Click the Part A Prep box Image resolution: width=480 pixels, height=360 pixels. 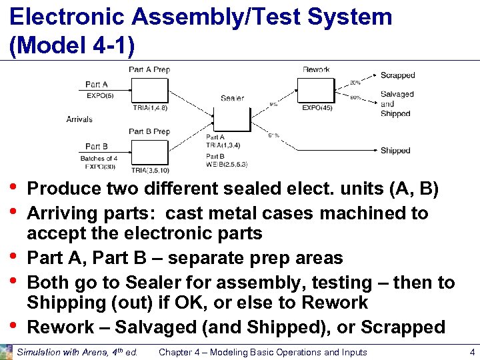[149, 89]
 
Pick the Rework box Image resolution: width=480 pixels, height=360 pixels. [315, 89]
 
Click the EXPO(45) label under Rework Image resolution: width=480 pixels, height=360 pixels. [317, 107]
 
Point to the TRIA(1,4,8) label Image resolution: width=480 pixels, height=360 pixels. [150, 107]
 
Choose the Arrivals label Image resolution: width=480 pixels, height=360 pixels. [79, 119]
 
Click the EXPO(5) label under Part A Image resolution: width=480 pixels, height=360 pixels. [100, 95]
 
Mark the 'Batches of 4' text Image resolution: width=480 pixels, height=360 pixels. [99, 158]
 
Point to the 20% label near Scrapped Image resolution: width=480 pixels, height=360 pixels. [355, 83]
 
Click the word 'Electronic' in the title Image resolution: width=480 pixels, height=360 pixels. [62, 17]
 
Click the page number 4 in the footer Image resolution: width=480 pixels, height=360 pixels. [472, 352]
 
